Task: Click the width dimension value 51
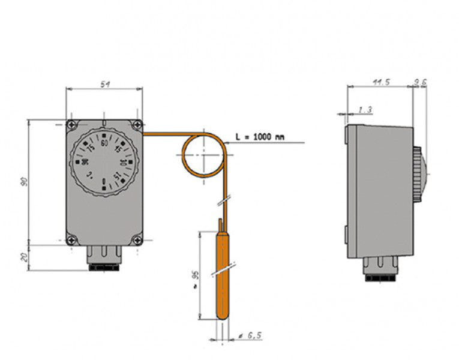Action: click(x=104, y=85)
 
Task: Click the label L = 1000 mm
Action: click(x=260, y=137)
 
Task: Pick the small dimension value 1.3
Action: click(x=364, y=109)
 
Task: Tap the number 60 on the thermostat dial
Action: click(x=104, y=143)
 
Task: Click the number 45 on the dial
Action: click(x=118, y=148)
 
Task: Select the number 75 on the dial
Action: click(x=90, y=148)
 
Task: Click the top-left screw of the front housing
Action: click(x=71, y=125)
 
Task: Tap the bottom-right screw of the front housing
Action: click(x=138, y=240)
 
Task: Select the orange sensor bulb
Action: click(x=223, y=273)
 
